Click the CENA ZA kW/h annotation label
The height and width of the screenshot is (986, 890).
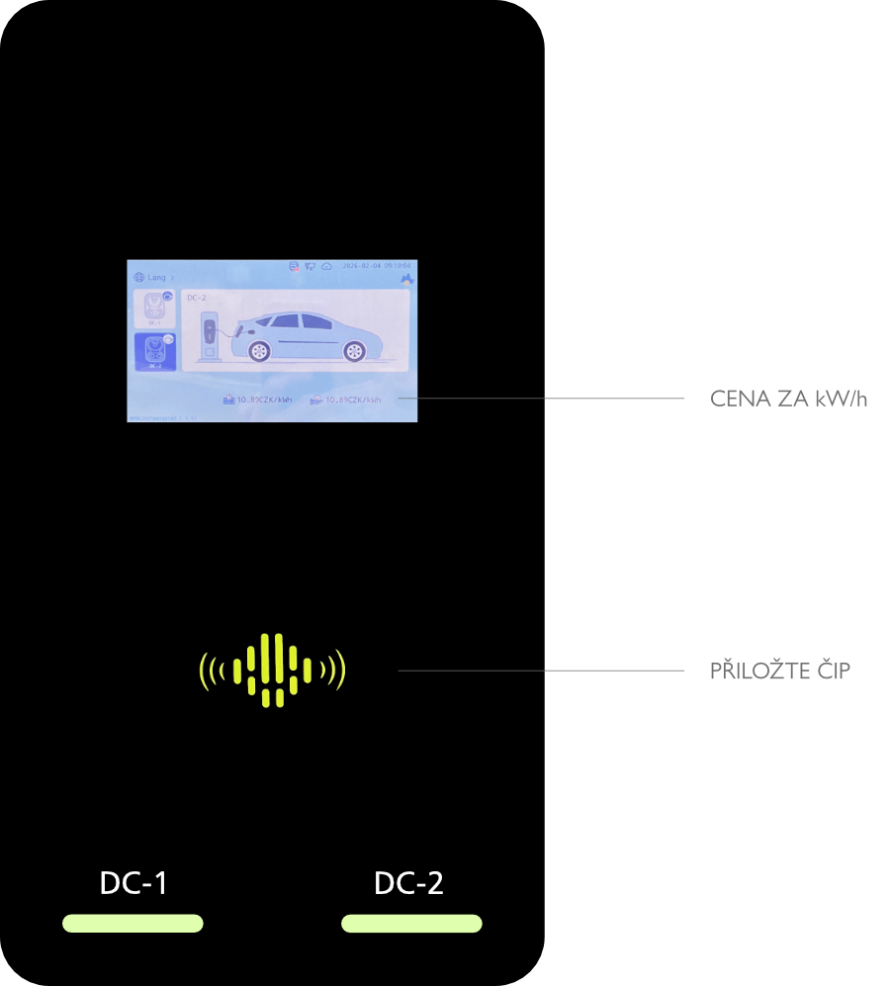pyautogui.click(x=788, y=400)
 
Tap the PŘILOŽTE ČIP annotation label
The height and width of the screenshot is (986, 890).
pyautogui.click(x=780, y=671)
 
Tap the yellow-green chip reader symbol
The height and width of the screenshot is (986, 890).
pyautogui.click(x=272, y=671)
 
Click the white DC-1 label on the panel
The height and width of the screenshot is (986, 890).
pyautogui.click(x=133, y=883)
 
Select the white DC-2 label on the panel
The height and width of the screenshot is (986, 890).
pyautogui.click(x=408, y=883)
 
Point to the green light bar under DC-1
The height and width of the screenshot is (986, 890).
pyautogui.click(x=133, y=924)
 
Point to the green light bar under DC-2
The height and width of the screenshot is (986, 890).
pyautogui.click(x=411, y=924)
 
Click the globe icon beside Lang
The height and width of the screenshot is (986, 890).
pyautogui.click(x=138, y=278)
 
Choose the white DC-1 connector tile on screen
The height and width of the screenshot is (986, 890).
pyautogui.click(x=154, y=308)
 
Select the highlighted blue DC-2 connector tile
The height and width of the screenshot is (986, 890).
pyautogui.click(x=154, y=352)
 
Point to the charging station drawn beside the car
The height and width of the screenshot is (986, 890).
pyautogui.click(x=209, y=336)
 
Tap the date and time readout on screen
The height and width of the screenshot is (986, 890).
pyautogui.click(x=376, y=267)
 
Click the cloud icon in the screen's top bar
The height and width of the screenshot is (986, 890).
pyautogui.click(x=326, y=267)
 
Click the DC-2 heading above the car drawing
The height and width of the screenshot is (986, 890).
pyautogui.click(x=196, y=297)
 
